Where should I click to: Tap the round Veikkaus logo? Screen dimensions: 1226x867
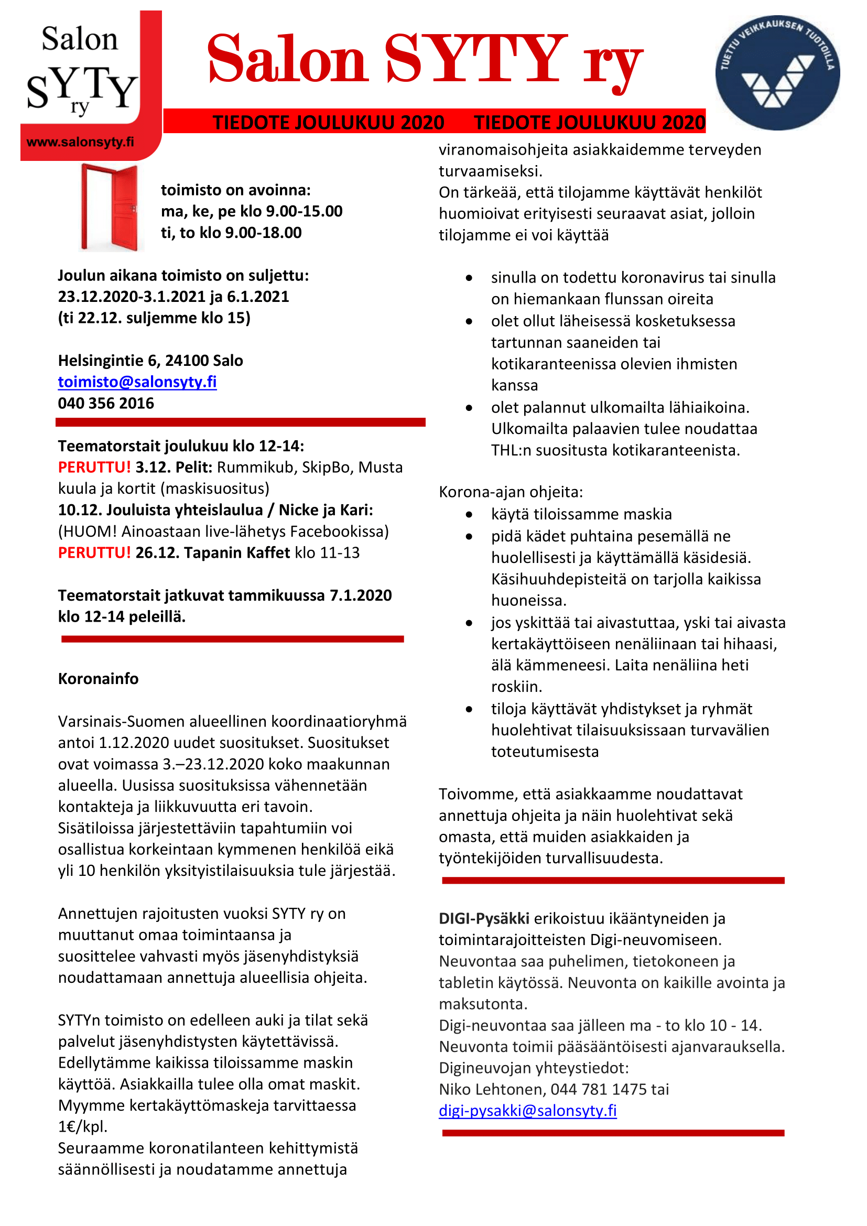(777, 73)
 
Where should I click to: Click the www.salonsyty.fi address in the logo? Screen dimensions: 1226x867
(80, 142)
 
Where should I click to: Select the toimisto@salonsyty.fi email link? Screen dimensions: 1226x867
(137, 382)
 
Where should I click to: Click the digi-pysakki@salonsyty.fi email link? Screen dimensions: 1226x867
(527, 1110)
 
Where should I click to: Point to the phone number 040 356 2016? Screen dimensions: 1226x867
(106, 403)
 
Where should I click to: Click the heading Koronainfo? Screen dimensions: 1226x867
(98, 679)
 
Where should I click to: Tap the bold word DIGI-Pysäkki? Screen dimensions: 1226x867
(484, 918)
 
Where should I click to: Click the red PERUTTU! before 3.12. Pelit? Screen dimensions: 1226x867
(94, 467)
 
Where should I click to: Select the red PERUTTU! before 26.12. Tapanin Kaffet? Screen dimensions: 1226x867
(94, 552)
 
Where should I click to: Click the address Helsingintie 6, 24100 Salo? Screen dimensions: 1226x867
(150, 361)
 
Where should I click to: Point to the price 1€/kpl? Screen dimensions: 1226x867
(83, 1127)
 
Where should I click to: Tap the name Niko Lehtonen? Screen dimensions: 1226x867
(491, 1089)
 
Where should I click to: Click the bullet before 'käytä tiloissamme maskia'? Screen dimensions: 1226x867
(469, 515)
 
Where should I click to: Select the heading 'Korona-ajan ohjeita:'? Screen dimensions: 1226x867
(511, 492)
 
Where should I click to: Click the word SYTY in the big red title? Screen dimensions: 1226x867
(475, 59)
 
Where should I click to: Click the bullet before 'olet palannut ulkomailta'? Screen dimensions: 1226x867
(469, 408)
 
